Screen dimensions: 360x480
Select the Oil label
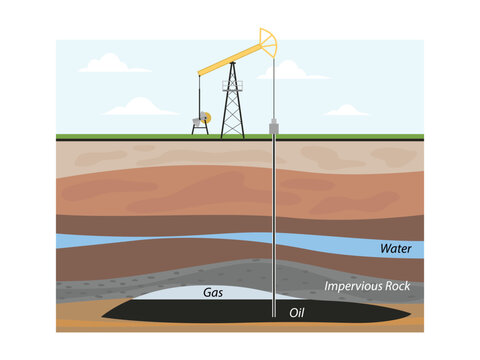(296, 313)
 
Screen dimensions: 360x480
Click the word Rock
(396, 287)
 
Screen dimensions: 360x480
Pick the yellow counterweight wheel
(205, 116)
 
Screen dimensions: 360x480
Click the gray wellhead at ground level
(273, 129)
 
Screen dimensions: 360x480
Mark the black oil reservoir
(150, 313)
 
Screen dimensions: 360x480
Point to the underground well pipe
(273, 220)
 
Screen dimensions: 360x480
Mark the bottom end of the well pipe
(273, 316)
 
